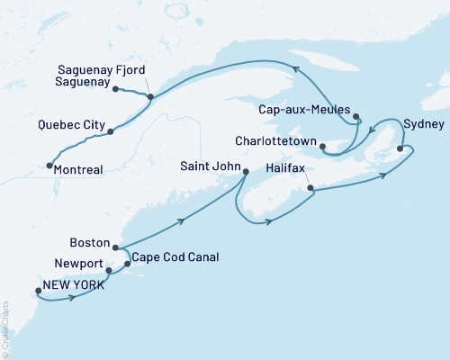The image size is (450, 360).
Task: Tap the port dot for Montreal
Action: point(48,166)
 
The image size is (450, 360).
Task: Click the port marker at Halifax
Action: point(310,189)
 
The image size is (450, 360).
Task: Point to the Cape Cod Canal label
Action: point(175,256)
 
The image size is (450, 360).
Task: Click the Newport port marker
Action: point(109,270)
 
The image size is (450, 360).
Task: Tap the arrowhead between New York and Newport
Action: point(71,296)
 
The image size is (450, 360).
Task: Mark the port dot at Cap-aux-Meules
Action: point(357,117)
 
